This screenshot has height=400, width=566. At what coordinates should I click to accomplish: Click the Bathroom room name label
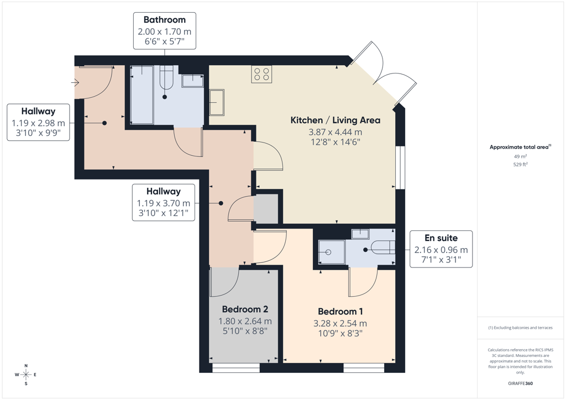click(x=165, y=20)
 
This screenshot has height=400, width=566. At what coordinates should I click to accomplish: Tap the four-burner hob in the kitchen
click(x=261, y=74)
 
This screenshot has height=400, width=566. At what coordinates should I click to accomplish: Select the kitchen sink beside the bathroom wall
click(x=217, y=102)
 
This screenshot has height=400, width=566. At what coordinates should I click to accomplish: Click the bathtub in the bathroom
click(x=142, y=95)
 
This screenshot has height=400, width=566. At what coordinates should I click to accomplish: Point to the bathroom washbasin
click(x=192, y=81)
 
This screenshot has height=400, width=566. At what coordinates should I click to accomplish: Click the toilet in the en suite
click(x=384, y=248)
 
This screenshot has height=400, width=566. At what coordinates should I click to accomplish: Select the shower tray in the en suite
click(x=332, y=252)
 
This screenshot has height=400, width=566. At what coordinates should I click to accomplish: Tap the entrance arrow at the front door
click(x=75, y=83)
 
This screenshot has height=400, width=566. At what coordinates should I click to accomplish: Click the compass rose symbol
click(x=26, y=375)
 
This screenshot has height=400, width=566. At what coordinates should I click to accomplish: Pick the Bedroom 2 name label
click(x=245, y=309)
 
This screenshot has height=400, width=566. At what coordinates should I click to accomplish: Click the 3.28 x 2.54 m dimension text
click(x=340, y=323)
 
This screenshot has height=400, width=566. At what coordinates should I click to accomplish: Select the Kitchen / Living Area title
click(x=336, y=120)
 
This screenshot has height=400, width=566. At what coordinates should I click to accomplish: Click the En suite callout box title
click(x=441, y=238)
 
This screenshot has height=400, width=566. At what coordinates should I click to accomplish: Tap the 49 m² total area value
click(x=521, y=156)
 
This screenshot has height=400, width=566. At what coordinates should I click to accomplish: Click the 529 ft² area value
click(x=521, y=165)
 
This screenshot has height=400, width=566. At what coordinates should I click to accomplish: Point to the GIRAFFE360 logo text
click(x=521, y=383)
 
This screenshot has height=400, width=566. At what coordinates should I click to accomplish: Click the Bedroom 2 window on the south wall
click(x=235, y=367)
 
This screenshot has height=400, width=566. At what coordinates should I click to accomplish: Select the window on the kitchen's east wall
click(x=400, y=167)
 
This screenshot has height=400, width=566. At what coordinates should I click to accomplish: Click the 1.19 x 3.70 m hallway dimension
click(x=164, y=203)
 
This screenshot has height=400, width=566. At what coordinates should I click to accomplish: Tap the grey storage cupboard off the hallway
click(x=266, y=209)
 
